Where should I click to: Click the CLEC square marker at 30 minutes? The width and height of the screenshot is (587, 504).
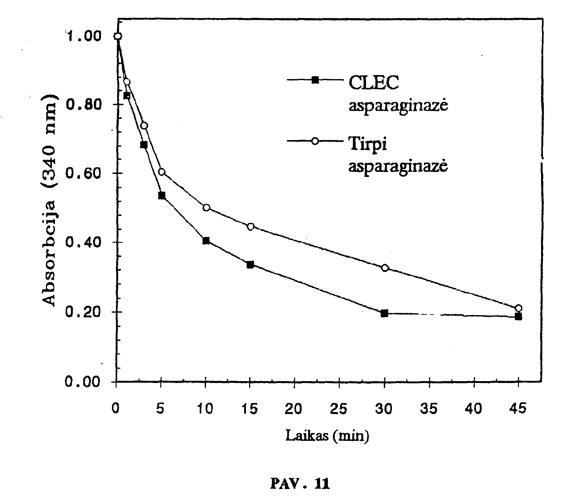pyautogui.click(x=384, y=314)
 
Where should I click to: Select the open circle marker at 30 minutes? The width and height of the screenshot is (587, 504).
pyautogui.click(x=385, y=268)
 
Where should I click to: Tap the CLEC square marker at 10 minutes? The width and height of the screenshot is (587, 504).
pyautogui.click(x=206, y=241)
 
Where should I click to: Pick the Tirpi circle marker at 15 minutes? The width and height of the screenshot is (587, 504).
pyautogui.click(x=250, y=227)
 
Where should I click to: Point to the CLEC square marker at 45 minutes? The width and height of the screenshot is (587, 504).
pyautogui.click(x=518, y=317)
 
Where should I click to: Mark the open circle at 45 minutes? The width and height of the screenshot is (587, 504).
pyautogui.click(x=519, y=308)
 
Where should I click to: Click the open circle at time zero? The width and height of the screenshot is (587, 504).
pyautogui.click(x=118, y=36)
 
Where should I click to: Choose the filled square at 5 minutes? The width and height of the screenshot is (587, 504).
pyautogui.click(x=162, y=196)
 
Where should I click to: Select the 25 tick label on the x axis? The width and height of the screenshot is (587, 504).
pyautogui.click(x=339, y=408)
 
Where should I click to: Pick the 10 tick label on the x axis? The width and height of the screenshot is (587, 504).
pyautogui.click(x=205, y=408)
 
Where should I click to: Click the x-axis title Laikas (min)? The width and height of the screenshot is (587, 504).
pyautogui.click(x=327, y=435)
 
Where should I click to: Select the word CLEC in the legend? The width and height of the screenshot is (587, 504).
pyautogui.click(x=374, y=83)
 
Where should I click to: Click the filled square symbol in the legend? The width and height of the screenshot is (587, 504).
pyautogui.click(x=315, y=80)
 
